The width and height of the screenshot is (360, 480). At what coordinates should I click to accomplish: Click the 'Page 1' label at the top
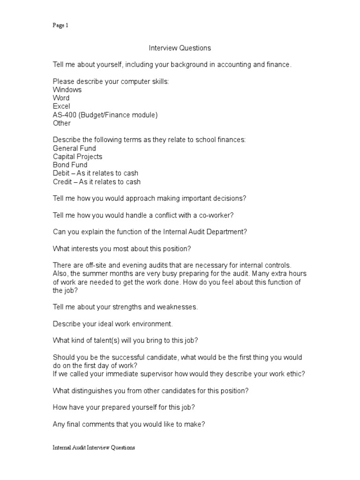tap(60, 26)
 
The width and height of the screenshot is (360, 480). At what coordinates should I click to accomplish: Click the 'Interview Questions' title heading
tap(180, 48)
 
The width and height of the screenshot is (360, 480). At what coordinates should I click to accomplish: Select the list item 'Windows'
tap(67, 90)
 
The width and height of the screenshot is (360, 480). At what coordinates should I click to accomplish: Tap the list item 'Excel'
tap(61, 106)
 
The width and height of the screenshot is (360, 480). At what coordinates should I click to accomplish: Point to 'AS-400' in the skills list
tap(64, 115)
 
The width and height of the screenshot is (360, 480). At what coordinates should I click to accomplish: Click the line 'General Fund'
tap(75, 149)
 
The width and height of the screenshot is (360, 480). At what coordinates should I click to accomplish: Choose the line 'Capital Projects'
tap(77, 157)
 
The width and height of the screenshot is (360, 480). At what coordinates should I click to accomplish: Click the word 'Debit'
tap(62, 174)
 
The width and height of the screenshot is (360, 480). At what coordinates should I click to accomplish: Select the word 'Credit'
tap(63, 182)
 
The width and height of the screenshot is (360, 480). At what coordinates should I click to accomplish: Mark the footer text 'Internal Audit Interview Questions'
tap(94, 448)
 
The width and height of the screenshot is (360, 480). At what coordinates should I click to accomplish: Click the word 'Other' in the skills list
tap(62, 123)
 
